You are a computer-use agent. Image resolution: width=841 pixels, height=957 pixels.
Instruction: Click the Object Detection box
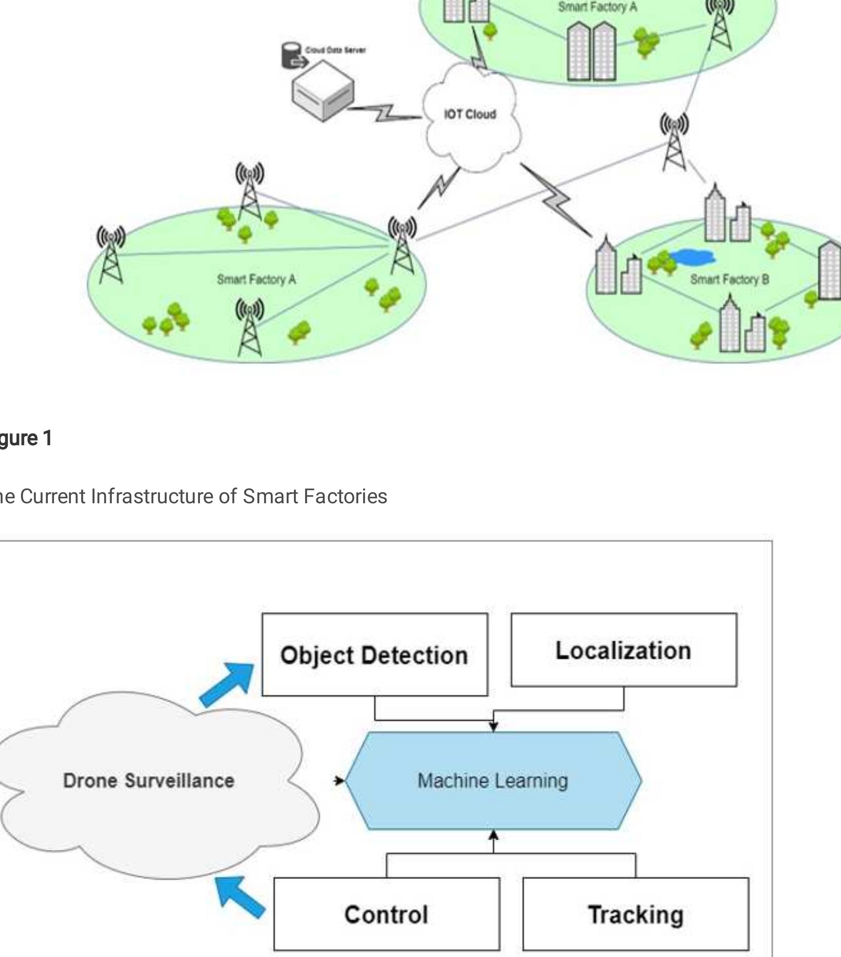[x=374, y=655]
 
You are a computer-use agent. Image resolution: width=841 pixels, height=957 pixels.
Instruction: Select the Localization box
[x=623, y=650]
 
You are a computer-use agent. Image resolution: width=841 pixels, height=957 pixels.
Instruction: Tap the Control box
[x=387, y=914]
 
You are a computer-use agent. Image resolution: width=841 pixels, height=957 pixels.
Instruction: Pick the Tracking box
[x=635, y=914]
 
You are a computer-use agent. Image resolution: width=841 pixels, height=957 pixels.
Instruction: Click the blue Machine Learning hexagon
[x=493, y=780]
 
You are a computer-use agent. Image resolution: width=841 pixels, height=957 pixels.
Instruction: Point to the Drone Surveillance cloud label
[x=149, y=780]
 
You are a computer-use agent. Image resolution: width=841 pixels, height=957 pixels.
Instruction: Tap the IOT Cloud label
[x=470, y=114]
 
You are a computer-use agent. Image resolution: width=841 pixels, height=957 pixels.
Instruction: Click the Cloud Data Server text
[x=335, y=50]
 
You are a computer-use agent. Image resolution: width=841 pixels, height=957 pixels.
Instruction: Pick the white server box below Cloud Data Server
[x=322, y=91]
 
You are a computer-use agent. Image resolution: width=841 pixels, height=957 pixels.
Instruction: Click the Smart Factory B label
[x=729, y=280]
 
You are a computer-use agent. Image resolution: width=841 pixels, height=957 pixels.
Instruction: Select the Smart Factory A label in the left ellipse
[x=256, y=280]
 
